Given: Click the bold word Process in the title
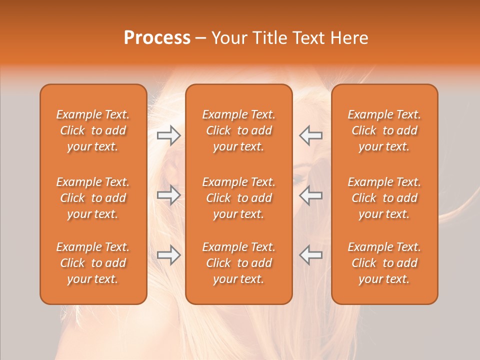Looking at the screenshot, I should click(x=157, y=38).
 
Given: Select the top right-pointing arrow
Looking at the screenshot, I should click(x=168, y=135).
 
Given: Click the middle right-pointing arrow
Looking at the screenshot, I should click(x=168, y=194).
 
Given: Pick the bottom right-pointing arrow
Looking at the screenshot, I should click(x=168, y=255).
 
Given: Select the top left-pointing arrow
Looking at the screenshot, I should click(x=310, y=135).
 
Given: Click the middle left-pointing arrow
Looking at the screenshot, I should click(x=310, y=194).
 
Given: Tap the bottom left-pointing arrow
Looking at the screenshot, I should click(x=310, y=255).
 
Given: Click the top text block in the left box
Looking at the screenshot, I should click(x=93, y=130).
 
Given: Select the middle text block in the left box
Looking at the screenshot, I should click(x=93, y=198).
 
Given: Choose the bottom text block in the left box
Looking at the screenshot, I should click(x=93, y=263).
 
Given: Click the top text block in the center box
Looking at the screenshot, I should click(x=239, y=130).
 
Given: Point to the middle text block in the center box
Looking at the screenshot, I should click(x=239, y=198).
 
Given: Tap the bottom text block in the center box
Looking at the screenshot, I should click(x=239, y=263).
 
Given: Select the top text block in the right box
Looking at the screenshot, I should click(x=384, y=130).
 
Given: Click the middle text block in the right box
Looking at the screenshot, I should click(x=384, y=198).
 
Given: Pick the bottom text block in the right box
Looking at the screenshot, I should click(x=384, y=263).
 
